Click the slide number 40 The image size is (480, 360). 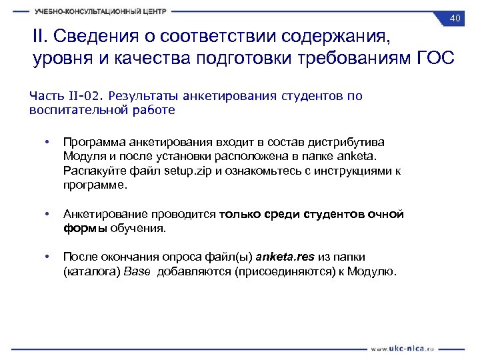click(x=456, y=18)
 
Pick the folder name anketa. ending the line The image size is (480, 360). click(x=359, y=156)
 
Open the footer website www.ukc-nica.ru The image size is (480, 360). click(x=403, y=347)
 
